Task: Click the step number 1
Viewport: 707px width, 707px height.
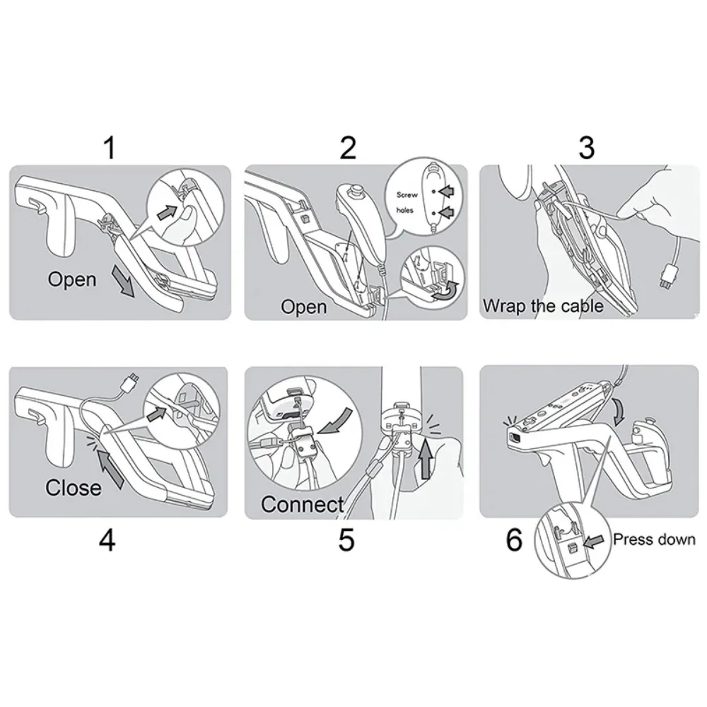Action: (x=108, y=148)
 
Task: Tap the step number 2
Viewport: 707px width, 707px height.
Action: (x=347, y=148)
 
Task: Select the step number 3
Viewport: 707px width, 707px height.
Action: (x=586, y=148)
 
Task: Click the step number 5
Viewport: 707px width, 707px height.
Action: (x=346, y=540)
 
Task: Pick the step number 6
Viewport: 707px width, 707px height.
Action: (x=514, y=540)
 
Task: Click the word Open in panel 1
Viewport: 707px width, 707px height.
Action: (x=72, y=279)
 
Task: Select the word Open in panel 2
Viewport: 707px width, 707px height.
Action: (x=304, y=307)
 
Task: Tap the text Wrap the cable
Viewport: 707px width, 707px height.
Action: (x=543, y=306)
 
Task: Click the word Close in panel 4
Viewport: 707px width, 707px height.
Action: (x=73, y=487)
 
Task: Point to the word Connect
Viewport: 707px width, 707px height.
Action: (x=302, y=504)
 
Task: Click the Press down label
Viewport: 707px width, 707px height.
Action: (x=654, y=540)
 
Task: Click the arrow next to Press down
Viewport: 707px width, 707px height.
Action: (x=596, y=541)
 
